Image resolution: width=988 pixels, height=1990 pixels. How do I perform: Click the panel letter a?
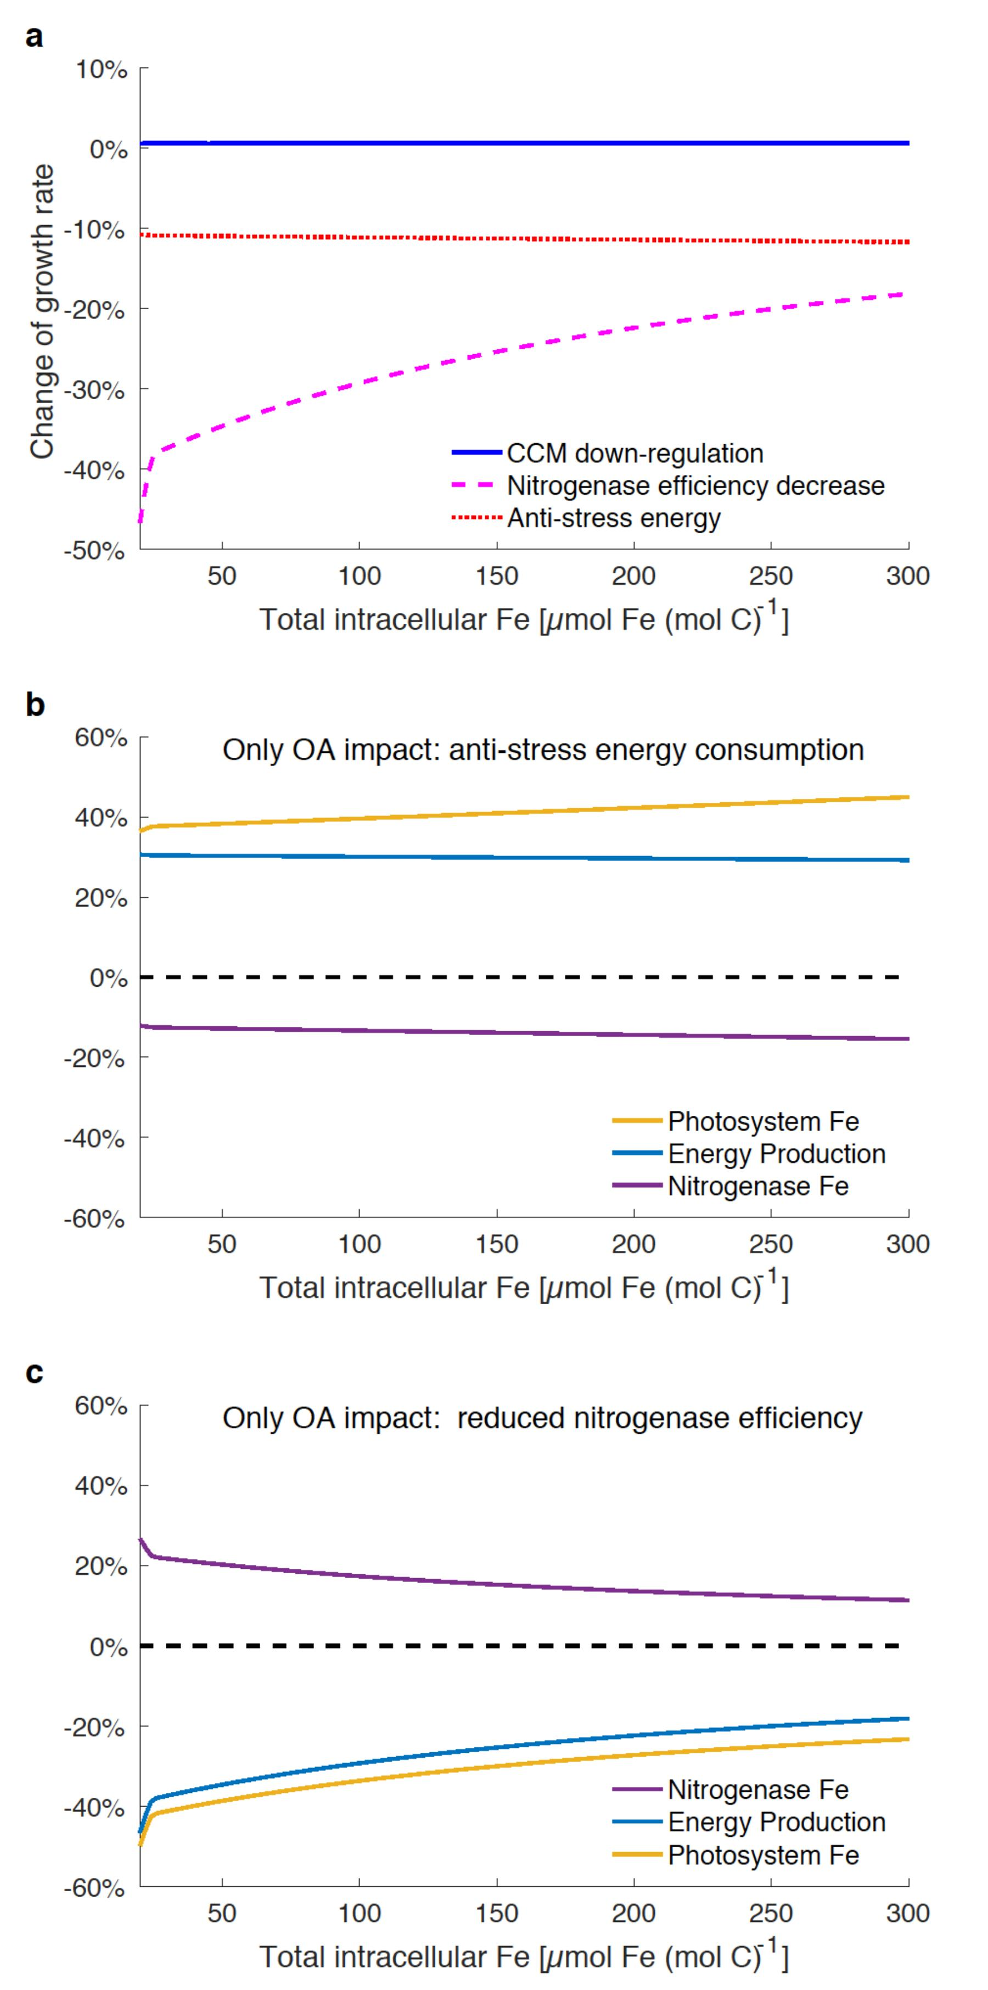click(34, 36)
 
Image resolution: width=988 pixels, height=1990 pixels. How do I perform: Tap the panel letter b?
click(35, 705)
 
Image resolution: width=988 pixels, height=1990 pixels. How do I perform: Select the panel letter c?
click(34, 1373)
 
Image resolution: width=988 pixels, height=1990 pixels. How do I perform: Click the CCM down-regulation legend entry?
click(634, 454)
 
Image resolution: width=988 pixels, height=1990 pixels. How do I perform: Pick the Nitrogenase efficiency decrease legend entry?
click(695, 486)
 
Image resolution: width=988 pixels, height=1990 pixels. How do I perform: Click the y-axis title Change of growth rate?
click(42, 311)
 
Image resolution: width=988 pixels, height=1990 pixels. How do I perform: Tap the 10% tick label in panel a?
click(101, 70)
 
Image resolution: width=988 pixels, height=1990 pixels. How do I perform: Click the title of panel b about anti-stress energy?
click(543, 750)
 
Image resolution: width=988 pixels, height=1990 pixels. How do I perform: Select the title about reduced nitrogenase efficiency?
click(542, 1418)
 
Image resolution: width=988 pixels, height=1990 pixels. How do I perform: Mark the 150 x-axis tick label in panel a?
click(497, 575)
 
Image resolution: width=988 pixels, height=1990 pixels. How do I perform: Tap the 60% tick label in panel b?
click(101, 738)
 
